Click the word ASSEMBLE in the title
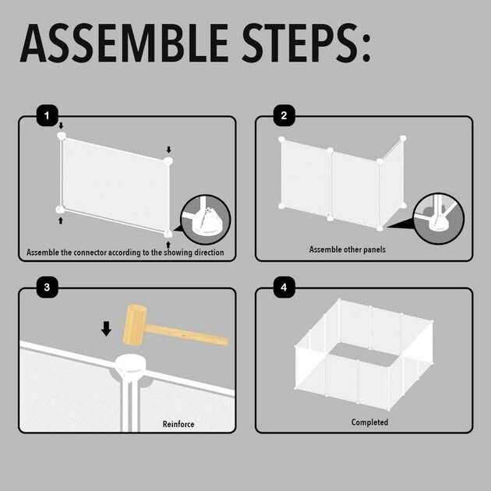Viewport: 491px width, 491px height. pos(125,43)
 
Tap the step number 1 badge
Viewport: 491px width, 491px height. pos(48,115)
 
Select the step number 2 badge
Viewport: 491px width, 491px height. pos(284,115)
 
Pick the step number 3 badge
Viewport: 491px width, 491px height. pos(48,287)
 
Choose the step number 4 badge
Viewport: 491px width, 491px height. pos(284,287)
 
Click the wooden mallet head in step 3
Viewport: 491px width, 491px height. pos(135,324)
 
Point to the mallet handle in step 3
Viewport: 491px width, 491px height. pos(187,335)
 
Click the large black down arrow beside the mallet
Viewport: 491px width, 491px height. pos(106,328)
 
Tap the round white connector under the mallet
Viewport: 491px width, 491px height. pos(131,366)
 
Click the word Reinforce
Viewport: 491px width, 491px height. pos(178,424)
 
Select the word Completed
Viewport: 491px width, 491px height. pos(369,422)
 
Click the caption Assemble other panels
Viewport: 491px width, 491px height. pos(348,249)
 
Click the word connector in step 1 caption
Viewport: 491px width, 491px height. pos(90,253)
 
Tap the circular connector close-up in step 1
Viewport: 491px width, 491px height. pos(206,219)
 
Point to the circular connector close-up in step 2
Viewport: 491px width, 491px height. pos(438,218)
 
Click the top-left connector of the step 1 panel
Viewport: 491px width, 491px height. pos(62,136)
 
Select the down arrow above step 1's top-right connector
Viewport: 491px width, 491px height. pos(169,150)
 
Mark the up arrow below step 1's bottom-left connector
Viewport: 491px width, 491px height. pos(61,221)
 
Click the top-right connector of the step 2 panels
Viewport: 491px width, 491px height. pos(403,138)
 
